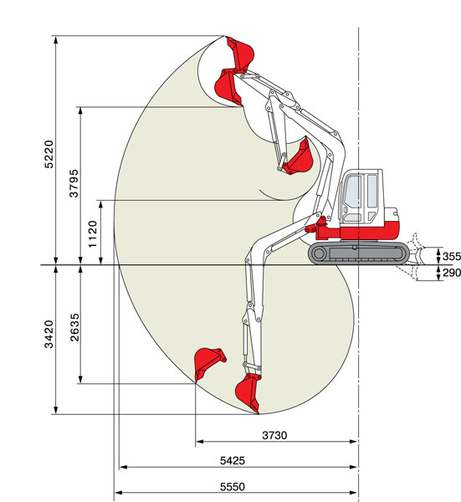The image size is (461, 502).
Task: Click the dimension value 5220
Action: point(49,154)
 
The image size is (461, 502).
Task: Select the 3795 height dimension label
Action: point(74,183)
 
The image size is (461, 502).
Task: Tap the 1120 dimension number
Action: point(93,234)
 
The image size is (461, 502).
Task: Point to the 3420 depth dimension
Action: point(49,334)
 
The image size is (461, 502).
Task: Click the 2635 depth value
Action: point(74,327)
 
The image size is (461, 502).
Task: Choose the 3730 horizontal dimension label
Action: point(274,435)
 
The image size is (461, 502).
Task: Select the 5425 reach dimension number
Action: point(233,461)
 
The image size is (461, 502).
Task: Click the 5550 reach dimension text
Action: point(233,487)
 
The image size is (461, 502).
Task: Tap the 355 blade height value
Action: point(452,257)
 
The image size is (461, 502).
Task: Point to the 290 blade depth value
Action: point(452,273)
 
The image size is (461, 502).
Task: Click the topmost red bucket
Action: point(240,54)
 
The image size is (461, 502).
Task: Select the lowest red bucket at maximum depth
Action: point(248,392)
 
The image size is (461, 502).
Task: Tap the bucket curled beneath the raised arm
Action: point(299,157)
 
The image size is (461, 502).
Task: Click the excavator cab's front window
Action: point(352,197)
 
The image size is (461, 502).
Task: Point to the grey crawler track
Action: point(359,253)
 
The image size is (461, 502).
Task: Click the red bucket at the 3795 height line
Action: point(228,87)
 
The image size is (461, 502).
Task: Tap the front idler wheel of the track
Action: point(319,254)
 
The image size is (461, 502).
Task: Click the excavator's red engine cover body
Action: point(370,230)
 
